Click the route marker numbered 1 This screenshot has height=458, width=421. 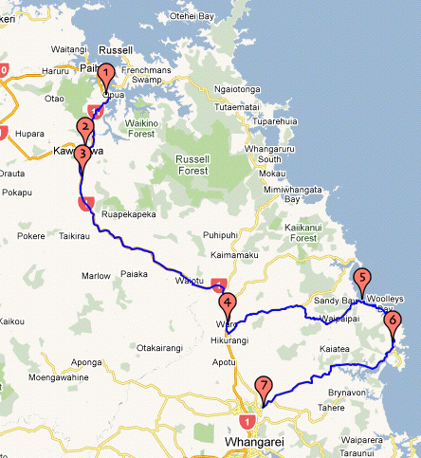[x=106, y=73]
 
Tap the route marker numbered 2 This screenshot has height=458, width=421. [x=85, y=129]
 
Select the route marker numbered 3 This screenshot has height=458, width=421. [x=82, y=153]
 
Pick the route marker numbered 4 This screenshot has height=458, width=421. [x=227, y=304]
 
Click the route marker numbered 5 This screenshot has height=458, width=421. [x=360, y=280]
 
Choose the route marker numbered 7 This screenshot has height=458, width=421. [x=263, y=387]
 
